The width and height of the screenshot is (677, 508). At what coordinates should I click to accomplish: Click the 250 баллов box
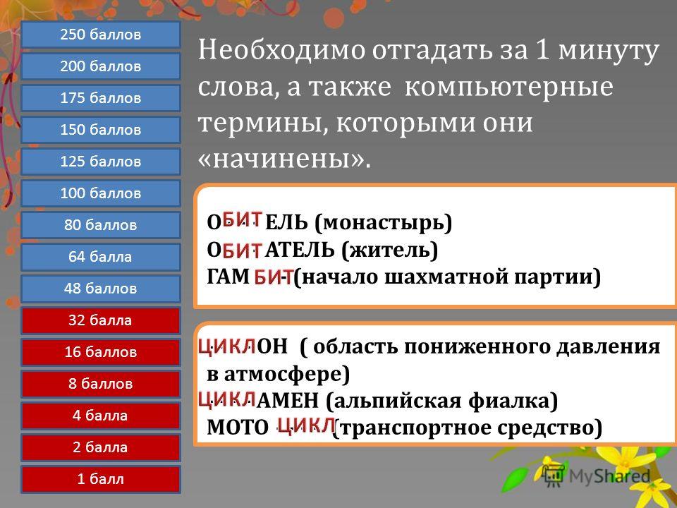(101, 34)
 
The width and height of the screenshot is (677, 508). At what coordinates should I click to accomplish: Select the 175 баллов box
(101, 97)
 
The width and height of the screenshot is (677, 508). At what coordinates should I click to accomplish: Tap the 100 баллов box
(101, 193)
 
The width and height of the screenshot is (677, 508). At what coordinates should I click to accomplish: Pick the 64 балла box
(101, 257)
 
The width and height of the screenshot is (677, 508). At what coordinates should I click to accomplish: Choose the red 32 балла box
(101, 320)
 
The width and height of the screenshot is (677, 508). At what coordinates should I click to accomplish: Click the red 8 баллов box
(101, 384)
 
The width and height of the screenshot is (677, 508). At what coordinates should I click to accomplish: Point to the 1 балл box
(101, 478)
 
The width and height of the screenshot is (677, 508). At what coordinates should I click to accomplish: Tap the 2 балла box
(101, 447)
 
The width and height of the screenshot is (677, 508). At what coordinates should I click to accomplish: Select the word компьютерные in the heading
(508, 86)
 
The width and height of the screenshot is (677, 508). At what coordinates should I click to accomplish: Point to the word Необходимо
(281, 49)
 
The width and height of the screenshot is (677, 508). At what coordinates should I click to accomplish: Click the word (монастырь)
(384, 222)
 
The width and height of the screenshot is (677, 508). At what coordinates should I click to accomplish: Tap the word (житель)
(389, 250)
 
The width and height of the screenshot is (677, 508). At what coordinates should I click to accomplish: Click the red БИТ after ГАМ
(274, 277)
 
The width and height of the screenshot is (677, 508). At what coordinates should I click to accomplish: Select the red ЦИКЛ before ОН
(227, 346)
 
